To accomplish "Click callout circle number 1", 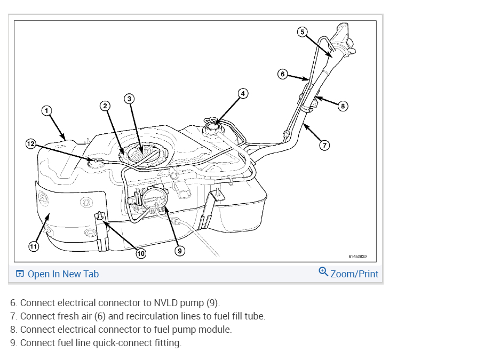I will (x=46, y=110).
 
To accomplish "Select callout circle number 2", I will (x=106, y=106).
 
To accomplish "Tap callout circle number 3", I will (x=129, y=98).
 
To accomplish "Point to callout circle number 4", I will (x=242, y=93).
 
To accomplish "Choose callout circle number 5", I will (x=301, y=32).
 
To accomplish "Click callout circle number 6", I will (x=283, y=74).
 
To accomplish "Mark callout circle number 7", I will (x=324, y=144).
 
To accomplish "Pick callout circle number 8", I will (x=343, y=106).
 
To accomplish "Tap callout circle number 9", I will (x=180, y=250).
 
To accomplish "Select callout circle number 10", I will (x=140, y=254).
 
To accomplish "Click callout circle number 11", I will (x=33, y=246).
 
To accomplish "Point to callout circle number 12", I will (x=31, y=143).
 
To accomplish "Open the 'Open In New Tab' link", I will (x=57, y=274).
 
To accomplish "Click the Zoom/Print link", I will (x=354, y=274).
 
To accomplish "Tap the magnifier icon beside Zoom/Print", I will (x=323, y=272).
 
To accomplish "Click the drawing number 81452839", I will (x=357, y=257).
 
